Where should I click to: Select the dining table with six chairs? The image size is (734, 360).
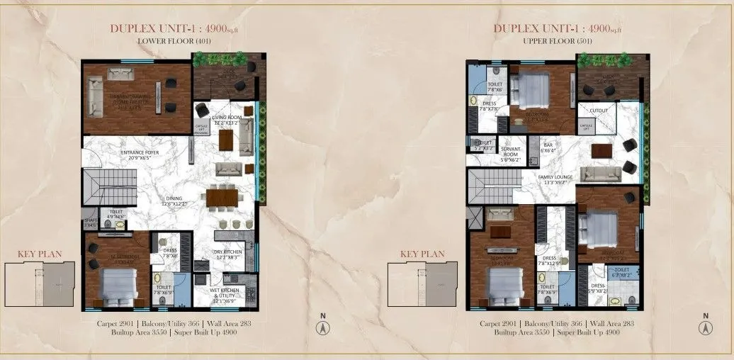tap(222, 197)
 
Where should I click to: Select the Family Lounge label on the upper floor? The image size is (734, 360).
tap(555, 180)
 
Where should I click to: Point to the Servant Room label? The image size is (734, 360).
tap(511, 157)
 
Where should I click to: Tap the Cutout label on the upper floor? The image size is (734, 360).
tap(598, 111)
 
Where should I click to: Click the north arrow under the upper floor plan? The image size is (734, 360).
tap(705, 327)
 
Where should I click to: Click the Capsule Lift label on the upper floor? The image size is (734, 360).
tap(586, 127)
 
